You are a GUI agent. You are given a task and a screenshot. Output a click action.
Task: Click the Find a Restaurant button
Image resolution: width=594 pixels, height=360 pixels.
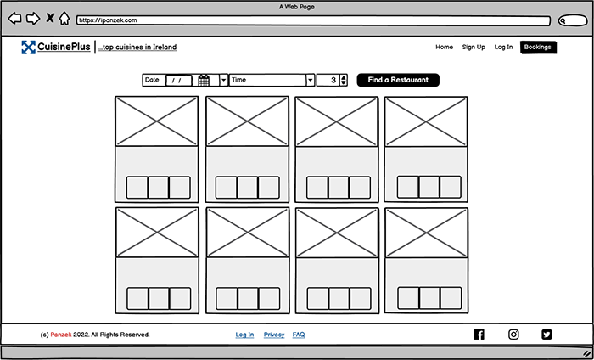click(x=398, y=80)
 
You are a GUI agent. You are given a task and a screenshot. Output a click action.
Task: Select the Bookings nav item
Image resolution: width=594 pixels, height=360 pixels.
click(x=538, y=48)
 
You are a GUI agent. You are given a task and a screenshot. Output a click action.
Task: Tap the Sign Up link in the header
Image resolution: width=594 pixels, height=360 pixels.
click(x=474, y=47)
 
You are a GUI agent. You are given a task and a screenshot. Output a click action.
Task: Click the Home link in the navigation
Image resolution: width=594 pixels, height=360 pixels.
click(x=444, y=47)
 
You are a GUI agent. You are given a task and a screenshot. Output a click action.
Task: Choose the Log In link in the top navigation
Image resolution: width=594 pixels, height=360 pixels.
click(x=503, y=47)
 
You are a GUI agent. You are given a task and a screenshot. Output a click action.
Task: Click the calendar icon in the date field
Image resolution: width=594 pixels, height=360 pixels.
click(x=204, y=81)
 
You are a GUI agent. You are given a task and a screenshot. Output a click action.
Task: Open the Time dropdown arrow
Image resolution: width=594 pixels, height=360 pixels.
click(x=311, y=80)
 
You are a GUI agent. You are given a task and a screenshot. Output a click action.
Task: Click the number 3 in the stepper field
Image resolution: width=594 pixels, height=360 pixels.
click(x=333, y=80)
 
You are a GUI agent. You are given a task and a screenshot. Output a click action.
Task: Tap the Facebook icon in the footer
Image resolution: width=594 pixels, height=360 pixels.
click(x=479, y=335)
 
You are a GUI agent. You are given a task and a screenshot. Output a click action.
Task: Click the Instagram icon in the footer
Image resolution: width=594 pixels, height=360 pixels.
click(x=513, y=335)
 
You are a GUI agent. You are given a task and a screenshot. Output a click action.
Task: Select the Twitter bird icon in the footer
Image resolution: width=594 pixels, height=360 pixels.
click(x=546, y=335)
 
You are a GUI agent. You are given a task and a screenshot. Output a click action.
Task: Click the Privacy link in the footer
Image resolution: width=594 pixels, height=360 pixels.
click(x=274, y=335)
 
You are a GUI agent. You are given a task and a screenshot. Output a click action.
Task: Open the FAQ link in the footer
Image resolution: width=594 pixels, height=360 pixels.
click(x=299, y=335)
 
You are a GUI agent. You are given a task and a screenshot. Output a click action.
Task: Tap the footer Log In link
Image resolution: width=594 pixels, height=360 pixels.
click(x=244, y=335)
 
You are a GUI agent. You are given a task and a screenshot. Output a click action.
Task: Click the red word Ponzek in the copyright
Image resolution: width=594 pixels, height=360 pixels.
click(x=61, y=335)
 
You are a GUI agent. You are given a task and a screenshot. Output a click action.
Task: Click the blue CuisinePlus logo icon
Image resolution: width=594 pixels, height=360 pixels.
click(x=28, y=47)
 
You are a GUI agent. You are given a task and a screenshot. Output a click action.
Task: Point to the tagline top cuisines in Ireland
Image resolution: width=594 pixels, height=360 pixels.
click(x=137, y=48)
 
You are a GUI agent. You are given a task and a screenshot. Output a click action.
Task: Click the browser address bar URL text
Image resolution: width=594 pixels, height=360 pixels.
click(x=108, y=20)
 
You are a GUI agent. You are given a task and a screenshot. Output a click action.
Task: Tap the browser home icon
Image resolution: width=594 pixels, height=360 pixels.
click(x=64, y=18)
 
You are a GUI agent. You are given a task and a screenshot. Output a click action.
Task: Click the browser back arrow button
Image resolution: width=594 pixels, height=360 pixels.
click(x=14, y=18)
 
